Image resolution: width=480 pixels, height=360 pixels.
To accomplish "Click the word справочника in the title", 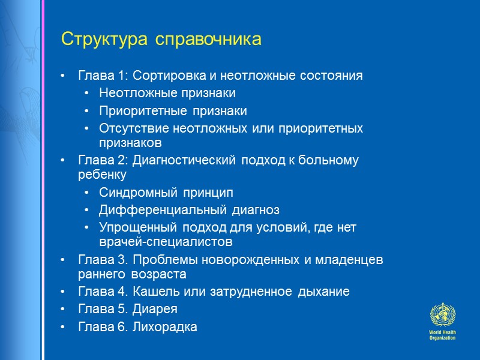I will tap(209, 40).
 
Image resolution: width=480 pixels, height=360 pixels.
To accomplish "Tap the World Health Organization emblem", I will tap(443, 316).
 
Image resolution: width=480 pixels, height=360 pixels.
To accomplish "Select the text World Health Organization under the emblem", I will tap(443, 335).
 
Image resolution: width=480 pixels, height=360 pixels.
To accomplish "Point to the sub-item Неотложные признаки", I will tap(167, 94).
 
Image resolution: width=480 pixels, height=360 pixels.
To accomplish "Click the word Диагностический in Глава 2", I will tap(185, 161).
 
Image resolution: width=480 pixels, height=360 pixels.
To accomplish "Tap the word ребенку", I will tap(102, 175).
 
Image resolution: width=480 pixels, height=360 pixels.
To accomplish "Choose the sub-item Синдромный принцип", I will tap(166, 193).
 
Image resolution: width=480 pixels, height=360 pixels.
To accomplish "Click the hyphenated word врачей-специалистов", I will tap(166, 242).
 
